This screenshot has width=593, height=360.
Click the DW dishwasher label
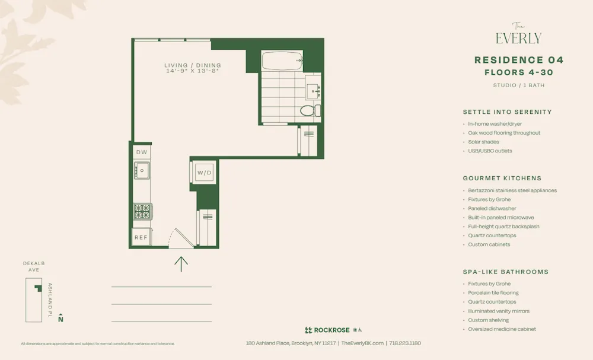point(142,152)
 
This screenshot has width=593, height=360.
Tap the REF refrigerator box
point(141,237)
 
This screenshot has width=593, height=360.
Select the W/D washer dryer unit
point(204,173)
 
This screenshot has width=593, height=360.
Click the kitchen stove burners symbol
point(142,211)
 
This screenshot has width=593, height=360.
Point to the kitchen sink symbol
point(142,171)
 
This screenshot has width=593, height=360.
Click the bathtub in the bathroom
point(282,60)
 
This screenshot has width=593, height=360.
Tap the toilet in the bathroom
point(308,110)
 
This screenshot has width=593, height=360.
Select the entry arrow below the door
point(181,263)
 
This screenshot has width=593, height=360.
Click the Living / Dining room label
point(193,65)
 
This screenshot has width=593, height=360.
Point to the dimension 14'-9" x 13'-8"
point(193,71)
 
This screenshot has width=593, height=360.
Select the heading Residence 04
point(519,60)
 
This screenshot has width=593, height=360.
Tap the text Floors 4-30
point(519,73)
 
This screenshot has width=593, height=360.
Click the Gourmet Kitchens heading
point(502,178)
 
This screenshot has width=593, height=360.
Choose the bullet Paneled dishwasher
point(492,209)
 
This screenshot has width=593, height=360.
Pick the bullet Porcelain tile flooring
point(493,293)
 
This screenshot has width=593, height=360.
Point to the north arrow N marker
point(60,319)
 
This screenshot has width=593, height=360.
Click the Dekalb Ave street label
point(34,266)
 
